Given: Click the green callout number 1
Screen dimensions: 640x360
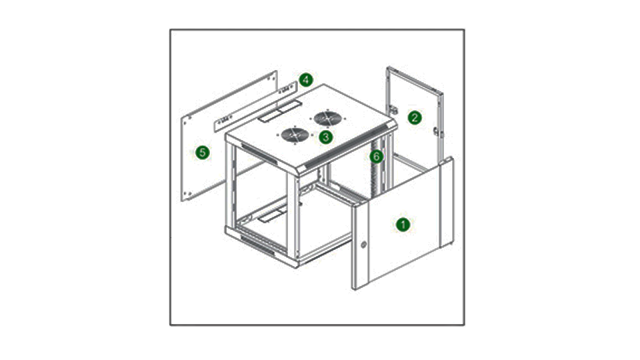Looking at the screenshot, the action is pos(403,225).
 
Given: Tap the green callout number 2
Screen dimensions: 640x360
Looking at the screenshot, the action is pos(415,118).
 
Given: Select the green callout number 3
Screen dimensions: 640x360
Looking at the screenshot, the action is pos(325,137).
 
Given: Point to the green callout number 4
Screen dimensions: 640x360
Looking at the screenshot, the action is pos(306,80).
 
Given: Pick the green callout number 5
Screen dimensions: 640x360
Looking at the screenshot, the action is pos(203,153).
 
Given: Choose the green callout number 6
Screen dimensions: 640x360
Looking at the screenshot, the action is pos(376,156).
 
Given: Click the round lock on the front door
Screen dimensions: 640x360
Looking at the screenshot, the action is pos(363,245).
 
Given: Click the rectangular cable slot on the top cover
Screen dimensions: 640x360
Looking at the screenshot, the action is pos(279,111).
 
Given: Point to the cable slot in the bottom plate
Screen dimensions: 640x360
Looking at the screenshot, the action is pos(272,214).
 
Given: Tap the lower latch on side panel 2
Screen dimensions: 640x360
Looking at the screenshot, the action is pos(437,132).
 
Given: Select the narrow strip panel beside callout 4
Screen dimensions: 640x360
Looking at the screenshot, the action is pos(256,106).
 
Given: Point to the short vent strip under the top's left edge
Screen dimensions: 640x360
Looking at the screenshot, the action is pos(259,153).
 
